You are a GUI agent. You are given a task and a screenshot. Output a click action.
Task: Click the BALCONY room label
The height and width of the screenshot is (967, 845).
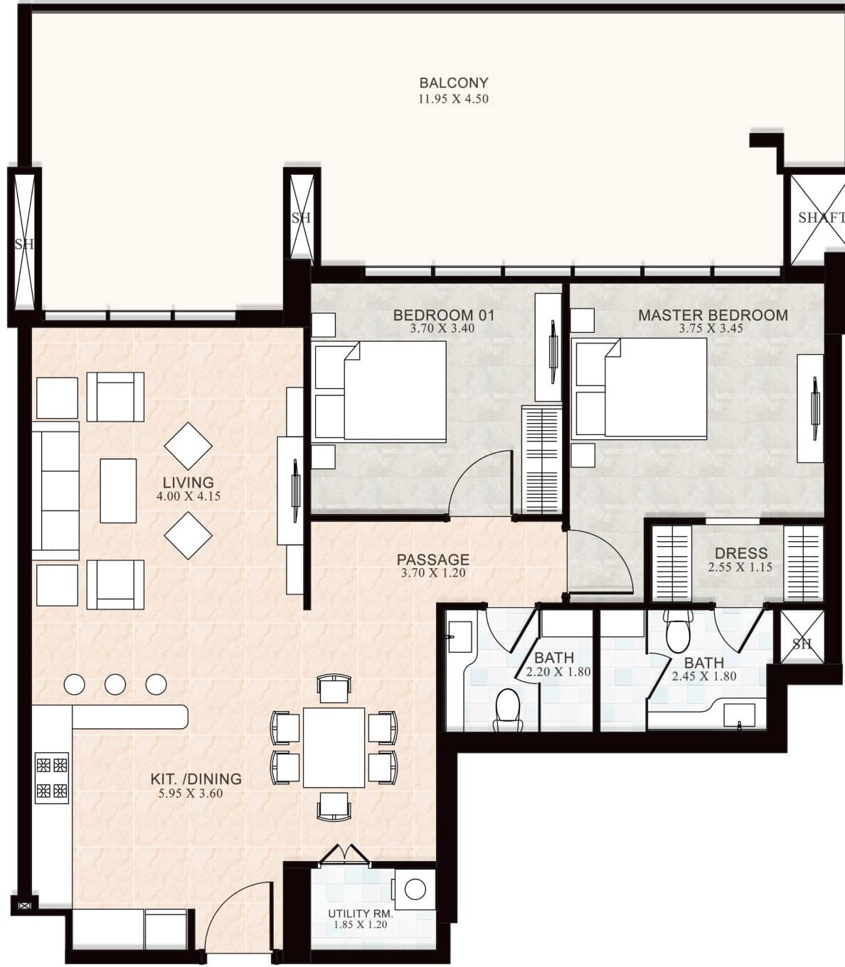pos(454,82)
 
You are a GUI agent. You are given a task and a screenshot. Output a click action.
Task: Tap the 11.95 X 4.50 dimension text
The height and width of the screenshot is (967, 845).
pos(454,99)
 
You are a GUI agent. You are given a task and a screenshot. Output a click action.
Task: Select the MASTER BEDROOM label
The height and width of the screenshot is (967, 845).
pos(713,315)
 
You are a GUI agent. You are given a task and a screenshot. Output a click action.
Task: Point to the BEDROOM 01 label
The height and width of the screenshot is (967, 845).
pos(444,315)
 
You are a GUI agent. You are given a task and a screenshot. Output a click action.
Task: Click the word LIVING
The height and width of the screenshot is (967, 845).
pos(188,483)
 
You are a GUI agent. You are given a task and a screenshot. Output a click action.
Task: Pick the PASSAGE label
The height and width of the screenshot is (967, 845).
pos(433,560)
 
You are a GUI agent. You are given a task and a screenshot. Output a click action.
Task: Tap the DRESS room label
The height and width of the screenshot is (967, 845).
pos(741,553)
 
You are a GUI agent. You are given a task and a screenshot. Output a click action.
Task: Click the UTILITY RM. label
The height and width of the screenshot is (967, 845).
pos(361,914)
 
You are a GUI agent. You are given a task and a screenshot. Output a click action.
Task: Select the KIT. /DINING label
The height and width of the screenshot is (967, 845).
pos(196,779)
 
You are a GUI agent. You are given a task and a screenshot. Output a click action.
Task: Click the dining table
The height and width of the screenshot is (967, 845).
pos(334,747)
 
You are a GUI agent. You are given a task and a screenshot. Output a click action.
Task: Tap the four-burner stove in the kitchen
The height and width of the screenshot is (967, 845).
pos(52,777)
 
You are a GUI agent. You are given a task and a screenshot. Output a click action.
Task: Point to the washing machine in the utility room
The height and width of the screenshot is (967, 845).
pos(415,889)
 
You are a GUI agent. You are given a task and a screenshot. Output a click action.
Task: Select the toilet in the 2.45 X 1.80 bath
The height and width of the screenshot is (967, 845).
pos(678,631)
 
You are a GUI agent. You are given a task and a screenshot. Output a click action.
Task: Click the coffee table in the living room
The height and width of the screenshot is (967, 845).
pos(118,491)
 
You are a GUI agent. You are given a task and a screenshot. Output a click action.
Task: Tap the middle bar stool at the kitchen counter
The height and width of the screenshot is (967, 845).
pos(115,684)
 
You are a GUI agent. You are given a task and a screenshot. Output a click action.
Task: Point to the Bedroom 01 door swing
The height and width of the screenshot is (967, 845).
pos(479,483)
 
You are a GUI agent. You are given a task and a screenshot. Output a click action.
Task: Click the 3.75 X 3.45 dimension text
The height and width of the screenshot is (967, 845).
pos(711,328)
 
